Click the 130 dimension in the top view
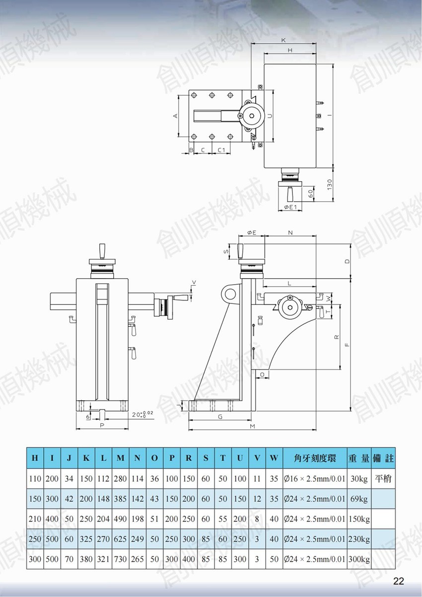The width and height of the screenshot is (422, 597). coord(330,184)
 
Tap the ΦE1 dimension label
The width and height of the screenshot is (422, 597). coord(290,207)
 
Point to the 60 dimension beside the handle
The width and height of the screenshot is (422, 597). coord(311,194)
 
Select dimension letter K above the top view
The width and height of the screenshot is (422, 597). coord(283,40)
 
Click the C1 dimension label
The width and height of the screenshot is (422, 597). coord(221,150)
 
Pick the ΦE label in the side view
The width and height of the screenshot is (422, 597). coord(252,232)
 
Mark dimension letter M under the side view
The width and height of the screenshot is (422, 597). coord(252,427)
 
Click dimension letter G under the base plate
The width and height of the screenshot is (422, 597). coord(220,417)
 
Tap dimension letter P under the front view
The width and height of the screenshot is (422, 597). coord(102,426)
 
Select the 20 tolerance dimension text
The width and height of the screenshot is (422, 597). coord(142,415)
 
